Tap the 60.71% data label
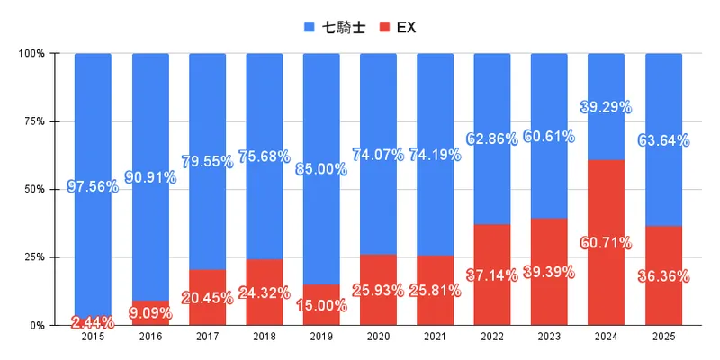coord(607,242)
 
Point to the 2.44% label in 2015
coord(93,321)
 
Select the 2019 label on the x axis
coord(321,337)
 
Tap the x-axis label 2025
coord(663,337)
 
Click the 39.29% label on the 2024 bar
coord(607,107)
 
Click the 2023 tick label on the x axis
coord(549,337)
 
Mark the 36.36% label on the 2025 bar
coord(663,276)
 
